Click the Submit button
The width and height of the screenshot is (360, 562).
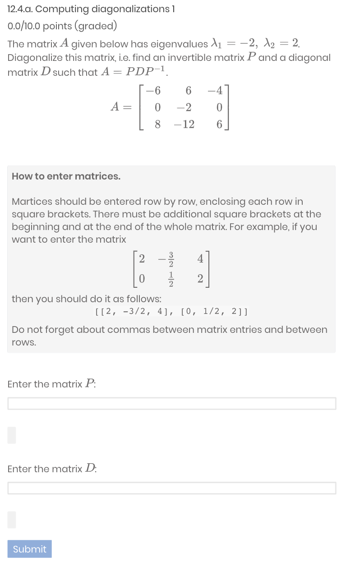coord(29,549)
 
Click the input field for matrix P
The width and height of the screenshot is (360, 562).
coord(171,403)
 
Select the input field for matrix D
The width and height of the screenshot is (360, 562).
coord(171,488)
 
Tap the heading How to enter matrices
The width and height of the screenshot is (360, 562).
coord(66,176)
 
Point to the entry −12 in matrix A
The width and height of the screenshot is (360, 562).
coord(184,124)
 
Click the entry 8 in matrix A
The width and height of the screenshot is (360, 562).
coord(157,124)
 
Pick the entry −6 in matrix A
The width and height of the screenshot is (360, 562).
coord(154,91)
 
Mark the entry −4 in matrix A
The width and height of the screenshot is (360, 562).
coord(215,91)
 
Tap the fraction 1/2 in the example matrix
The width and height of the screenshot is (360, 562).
coord(171,280)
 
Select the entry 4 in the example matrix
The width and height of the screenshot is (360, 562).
coord(200,259)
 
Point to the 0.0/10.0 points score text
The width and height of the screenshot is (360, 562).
coord(62,26)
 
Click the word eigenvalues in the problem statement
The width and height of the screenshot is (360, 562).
coord(180,44)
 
